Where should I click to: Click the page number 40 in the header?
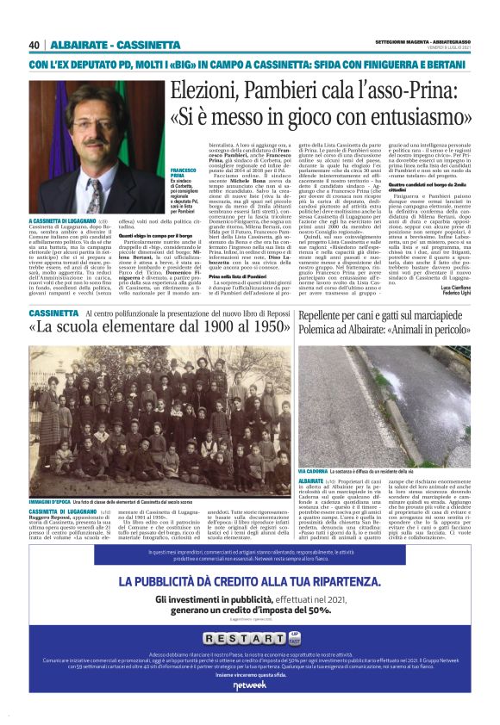[x=34, y=45]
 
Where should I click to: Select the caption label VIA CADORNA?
[x=316, y=473]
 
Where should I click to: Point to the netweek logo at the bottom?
[x=249, y=709]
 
